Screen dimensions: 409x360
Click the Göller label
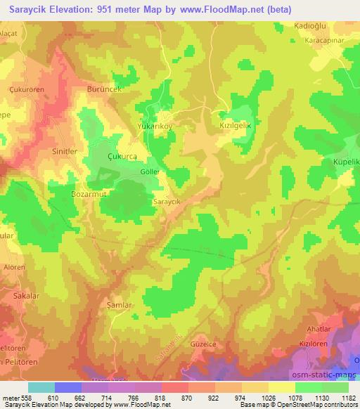[150, 171]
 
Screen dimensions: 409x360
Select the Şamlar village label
[119, 305]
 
